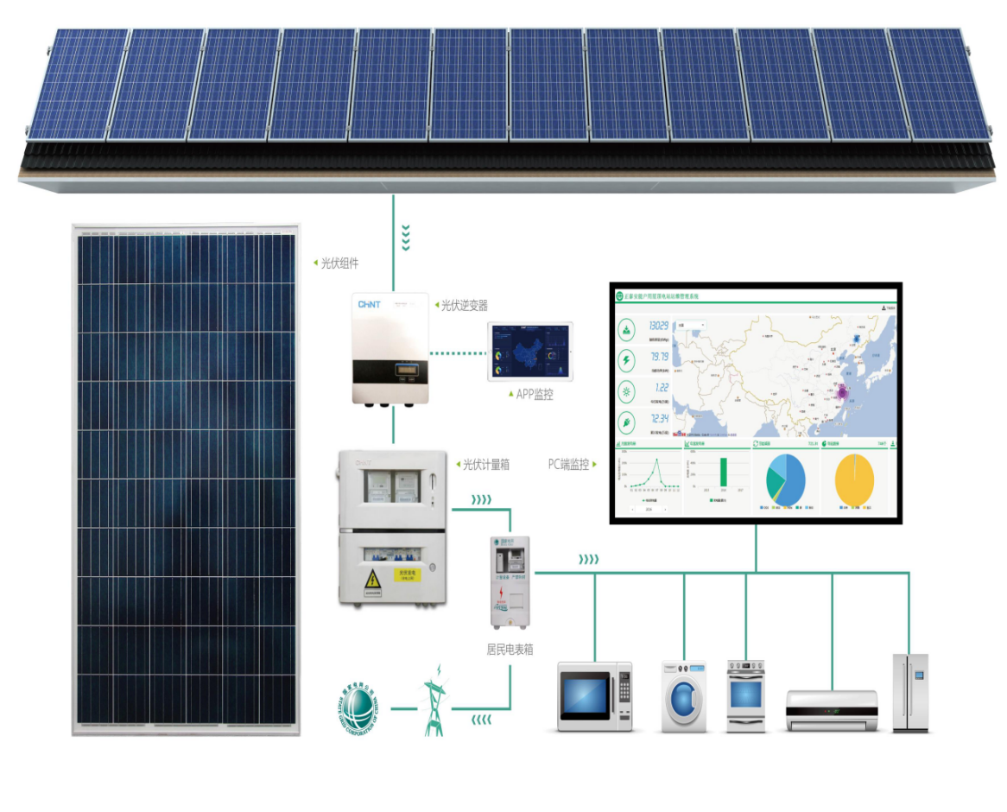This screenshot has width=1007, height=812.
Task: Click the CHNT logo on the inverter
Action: (369, 305)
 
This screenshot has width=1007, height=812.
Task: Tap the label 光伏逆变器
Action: (465, 305)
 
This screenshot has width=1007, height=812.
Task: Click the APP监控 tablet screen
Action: (529, 352)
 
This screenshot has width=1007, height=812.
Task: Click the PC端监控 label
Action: (568, 464)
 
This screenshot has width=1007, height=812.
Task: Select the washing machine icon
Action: (684, 696)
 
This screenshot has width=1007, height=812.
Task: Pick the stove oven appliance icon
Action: (745, 696)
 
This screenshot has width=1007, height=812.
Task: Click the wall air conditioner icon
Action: (831, 709)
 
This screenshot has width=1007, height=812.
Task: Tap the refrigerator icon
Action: (910, 694)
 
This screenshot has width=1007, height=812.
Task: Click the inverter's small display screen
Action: (407, 373)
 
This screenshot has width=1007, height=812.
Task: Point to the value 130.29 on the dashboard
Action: (659, 326)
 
